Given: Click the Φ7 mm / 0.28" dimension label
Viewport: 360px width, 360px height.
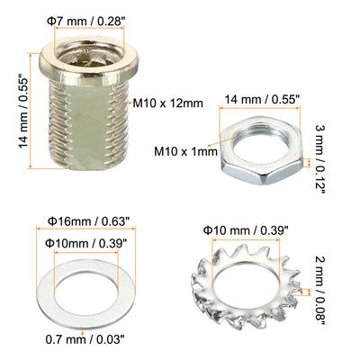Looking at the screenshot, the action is tap(85, 22).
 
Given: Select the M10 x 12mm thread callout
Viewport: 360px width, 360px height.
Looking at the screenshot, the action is tap(168, 103).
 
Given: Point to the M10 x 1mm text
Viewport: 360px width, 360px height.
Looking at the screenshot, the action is tap(185, 151).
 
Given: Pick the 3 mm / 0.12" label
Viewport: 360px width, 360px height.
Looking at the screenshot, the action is tap(320, 158).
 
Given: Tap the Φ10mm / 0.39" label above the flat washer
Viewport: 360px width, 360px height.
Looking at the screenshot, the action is tap(85, 243).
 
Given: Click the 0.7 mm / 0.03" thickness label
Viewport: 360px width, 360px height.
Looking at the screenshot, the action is tap(85, 340).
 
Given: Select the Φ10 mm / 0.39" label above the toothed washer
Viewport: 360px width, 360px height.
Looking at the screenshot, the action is tap(246, 230).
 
